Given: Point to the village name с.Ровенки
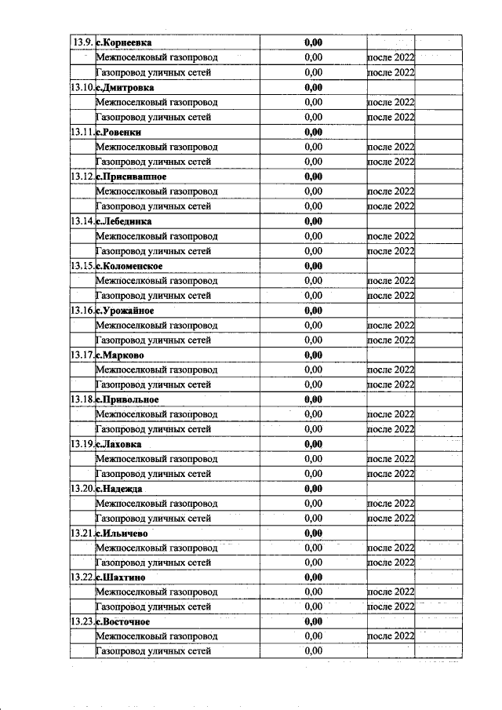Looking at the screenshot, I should coord(118,132).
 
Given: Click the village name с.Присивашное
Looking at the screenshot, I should coord(130,177).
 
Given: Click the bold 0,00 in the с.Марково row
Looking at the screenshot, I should coord(314,355).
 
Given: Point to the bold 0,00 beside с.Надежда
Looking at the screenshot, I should coord(314,489).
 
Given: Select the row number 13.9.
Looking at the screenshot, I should coord(82,42).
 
